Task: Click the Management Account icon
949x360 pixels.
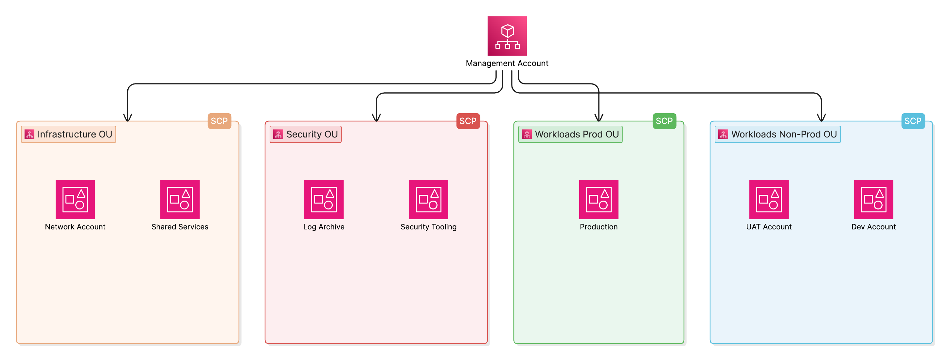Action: (x=507, y=36)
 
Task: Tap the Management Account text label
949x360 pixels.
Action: (x=507, y=63)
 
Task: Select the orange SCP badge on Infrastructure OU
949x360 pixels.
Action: (x=219, y=121)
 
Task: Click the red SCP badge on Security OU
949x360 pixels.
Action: (x=468, y=121)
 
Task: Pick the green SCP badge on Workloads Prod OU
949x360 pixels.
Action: (x=664, y=121)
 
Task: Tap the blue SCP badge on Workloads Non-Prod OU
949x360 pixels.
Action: (x=913, y=121)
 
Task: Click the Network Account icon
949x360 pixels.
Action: (x=75, y=199)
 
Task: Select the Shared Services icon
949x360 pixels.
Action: (x=180, y=199)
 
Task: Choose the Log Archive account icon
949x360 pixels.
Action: (x=324, y=199)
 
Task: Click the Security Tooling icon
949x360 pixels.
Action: (x=428, y=199)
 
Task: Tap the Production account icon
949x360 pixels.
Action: (x=599, y=199)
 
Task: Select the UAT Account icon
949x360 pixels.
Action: (x=769, y=199)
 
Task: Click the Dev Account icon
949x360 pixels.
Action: (x=873, y=199)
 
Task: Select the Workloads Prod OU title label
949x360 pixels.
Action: (x=577, y=134)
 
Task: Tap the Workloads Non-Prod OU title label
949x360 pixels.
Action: (x=784, y=134)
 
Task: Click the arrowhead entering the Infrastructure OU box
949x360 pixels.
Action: (x=128, y=117)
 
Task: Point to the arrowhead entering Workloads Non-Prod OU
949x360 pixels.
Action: (x=821, y=117)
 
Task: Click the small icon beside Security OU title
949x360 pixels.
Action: (x=278, y=134)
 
